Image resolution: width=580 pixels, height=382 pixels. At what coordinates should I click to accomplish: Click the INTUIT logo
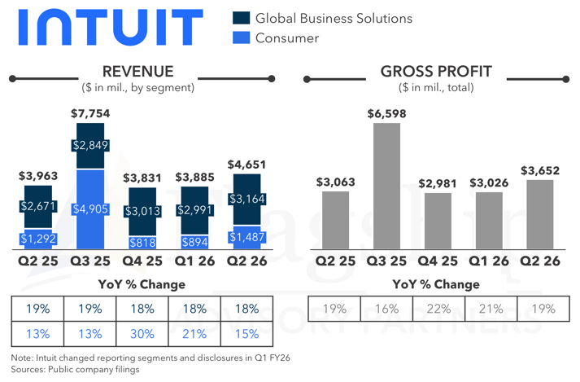[x=109, y=28]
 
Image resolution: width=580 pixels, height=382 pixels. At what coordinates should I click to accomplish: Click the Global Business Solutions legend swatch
[x=242, y=18]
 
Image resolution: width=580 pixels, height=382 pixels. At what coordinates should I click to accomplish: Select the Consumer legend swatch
[x=242, y=37]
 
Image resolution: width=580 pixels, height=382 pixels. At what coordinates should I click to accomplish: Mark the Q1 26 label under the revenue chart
[x=196, y=261]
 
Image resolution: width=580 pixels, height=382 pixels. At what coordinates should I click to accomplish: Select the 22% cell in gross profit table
[x=439, y=309]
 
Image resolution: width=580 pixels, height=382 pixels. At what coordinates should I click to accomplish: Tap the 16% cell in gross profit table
[x=387, y=309]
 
